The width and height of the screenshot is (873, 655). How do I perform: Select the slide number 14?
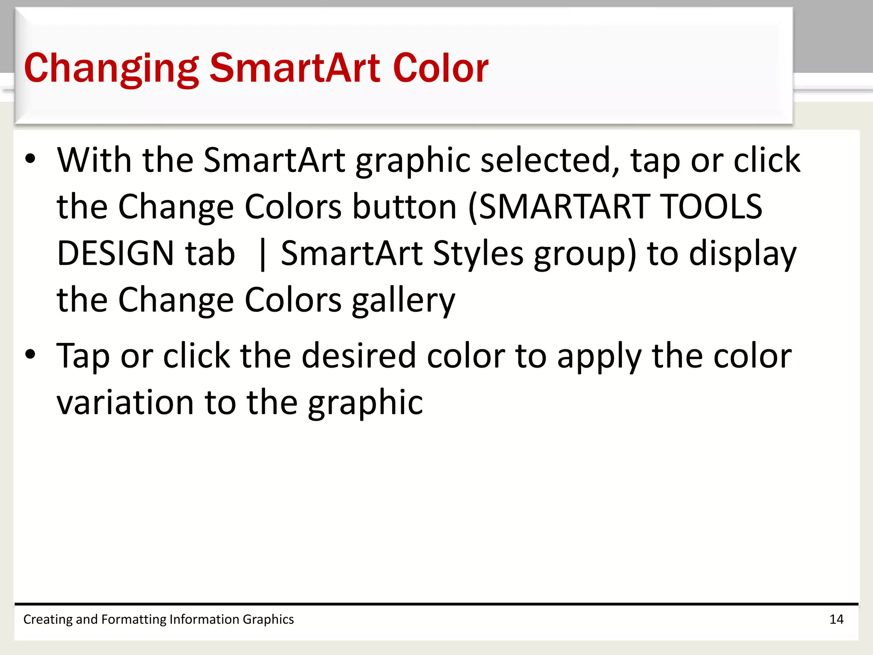836,619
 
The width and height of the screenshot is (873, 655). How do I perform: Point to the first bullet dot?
30,159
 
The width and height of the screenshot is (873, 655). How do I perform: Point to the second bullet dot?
30,354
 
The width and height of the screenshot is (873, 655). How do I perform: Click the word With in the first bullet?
94,160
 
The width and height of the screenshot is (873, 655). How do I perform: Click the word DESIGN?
116,254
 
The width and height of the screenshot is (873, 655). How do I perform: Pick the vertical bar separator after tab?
262,255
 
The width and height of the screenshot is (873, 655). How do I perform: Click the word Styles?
478,254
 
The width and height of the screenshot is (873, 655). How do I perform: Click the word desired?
358,356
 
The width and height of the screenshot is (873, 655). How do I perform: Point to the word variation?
125,403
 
